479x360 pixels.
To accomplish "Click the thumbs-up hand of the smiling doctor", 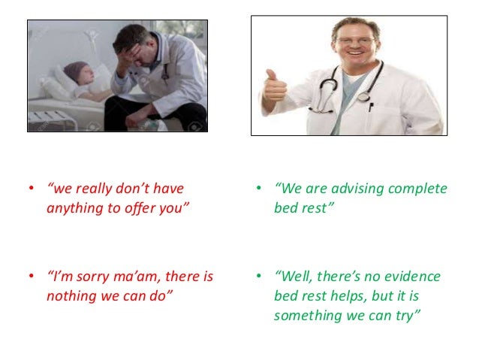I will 275,89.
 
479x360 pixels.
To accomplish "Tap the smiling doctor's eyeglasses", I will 356,41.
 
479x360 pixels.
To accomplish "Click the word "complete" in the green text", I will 421,188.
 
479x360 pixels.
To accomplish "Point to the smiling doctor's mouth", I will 357,56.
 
